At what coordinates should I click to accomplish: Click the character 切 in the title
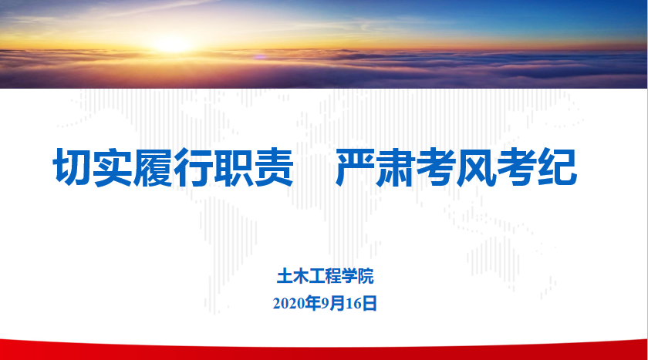73,167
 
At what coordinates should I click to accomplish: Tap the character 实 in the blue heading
113,167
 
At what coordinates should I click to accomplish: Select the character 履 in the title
153,167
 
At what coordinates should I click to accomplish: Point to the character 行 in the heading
193,167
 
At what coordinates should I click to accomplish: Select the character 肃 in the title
395,167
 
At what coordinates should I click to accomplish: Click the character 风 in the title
476,167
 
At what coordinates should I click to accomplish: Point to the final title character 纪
557,167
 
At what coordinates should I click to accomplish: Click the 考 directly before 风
436,167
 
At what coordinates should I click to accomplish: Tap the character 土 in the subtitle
285,276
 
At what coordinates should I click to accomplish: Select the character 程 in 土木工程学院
333,276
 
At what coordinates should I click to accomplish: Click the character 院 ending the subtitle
366,276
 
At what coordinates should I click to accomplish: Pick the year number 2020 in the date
289,304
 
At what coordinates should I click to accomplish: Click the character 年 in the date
313,304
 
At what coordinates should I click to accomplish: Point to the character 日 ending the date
370,304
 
